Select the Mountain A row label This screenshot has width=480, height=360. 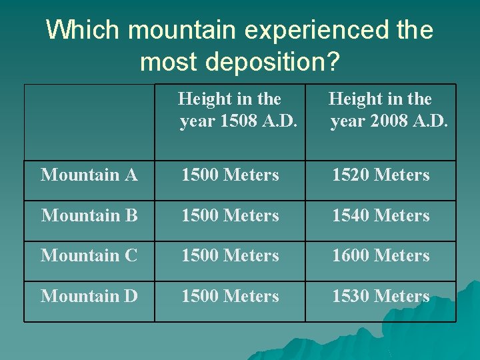89,175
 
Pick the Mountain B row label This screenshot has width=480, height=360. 89,216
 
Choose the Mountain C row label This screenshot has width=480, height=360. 89,256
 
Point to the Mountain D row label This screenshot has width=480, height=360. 89,296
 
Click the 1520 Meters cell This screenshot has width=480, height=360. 381,175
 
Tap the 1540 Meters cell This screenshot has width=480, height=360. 381,216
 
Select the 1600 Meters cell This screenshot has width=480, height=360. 381,256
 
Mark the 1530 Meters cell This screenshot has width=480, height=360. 381,296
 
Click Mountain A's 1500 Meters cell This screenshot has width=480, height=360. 230,175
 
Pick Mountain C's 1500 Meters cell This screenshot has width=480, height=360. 230,256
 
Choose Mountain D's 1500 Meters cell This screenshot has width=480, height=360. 230,296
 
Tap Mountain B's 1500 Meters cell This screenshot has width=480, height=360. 230,216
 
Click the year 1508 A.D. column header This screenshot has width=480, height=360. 230,111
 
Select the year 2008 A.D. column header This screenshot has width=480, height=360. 381,111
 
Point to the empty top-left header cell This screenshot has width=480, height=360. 89,121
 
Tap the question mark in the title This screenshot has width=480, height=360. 332,62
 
